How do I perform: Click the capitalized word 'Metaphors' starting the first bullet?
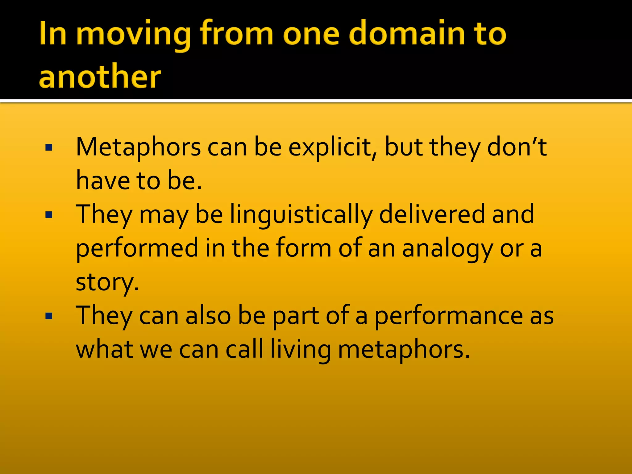point(138,148)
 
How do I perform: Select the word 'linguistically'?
point(301,215)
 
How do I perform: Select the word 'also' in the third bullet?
point(208,316)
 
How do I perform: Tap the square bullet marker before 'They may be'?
point(49,215)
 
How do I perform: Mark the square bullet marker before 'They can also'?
point(49,316)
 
